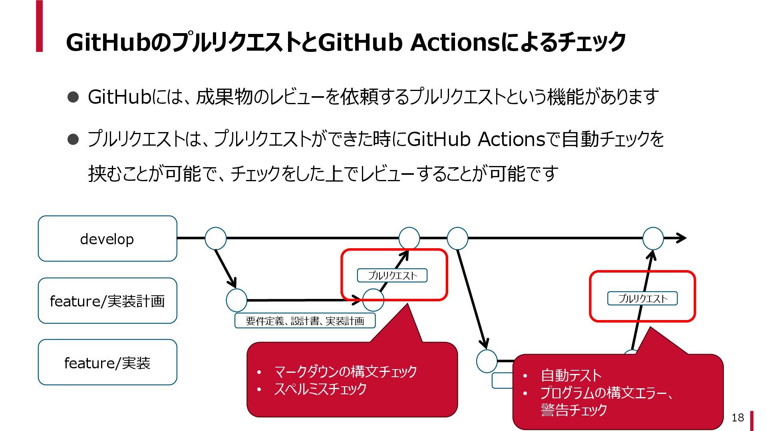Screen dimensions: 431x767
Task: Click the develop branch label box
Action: click(107, 239)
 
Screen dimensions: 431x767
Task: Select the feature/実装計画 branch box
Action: click(107, 301)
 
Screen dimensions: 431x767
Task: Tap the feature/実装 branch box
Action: click(107, 362)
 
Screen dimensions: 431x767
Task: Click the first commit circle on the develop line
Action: click(216, 238)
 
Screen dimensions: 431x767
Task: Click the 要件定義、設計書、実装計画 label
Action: click(305, 321)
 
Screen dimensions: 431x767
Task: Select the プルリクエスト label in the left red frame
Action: click(392, 275)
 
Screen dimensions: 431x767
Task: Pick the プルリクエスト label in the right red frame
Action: click(642, 299)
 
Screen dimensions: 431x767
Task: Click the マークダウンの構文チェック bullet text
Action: click(345, 372)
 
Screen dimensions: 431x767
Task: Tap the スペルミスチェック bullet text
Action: click(320, 389)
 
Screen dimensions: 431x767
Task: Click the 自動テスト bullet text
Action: click(571, 376)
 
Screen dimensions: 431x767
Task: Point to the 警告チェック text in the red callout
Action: click(574, 410)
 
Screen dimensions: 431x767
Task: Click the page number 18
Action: click(737, 417)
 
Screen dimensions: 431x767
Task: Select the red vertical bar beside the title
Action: click(39, 26)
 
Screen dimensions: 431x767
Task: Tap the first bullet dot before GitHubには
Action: click(73, 97)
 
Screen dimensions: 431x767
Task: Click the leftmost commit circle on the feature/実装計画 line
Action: click(236, 301)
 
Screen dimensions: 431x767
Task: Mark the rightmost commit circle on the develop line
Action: click(653, 238)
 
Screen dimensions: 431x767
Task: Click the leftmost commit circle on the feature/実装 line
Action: click(487, 361)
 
